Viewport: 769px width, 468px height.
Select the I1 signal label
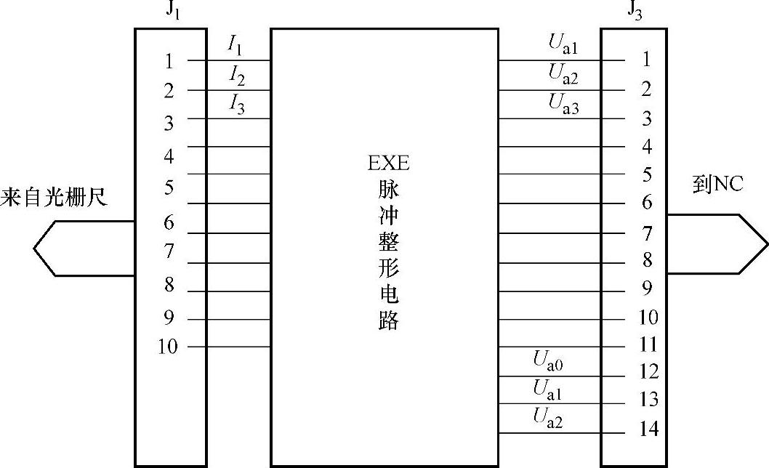click(x=235, y=47)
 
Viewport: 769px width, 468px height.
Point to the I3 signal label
click(x=237, y=105)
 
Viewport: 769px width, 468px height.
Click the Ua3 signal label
click(x=563, y=105)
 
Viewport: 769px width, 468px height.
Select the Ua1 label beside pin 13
click(x=548, y=390)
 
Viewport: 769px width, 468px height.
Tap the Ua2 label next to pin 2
click(x=563, y=73)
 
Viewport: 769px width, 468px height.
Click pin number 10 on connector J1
click(x=168, y=347)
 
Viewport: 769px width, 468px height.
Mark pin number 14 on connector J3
click(x=648, y=429)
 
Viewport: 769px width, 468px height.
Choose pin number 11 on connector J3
click(x=648, y=344)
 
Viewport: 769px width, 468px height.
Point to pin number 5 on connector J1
click(x=169, y=187)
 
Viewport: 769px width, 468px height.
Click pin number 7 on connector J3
click(x=647, y=233)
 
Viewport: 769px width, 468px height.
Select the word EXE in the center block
click(x=388, y=163)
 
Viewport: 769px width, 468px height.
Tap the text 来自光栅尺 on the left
click(x=53, y=197)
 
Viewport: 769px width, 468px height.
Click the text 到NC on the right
click(x=717, y=185)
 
